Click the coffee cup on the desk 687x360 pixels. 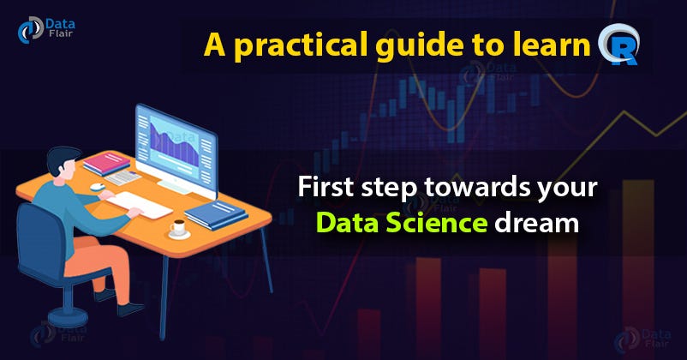tap(178, 228)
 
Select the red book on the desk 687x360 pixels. tap(106, 162)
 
